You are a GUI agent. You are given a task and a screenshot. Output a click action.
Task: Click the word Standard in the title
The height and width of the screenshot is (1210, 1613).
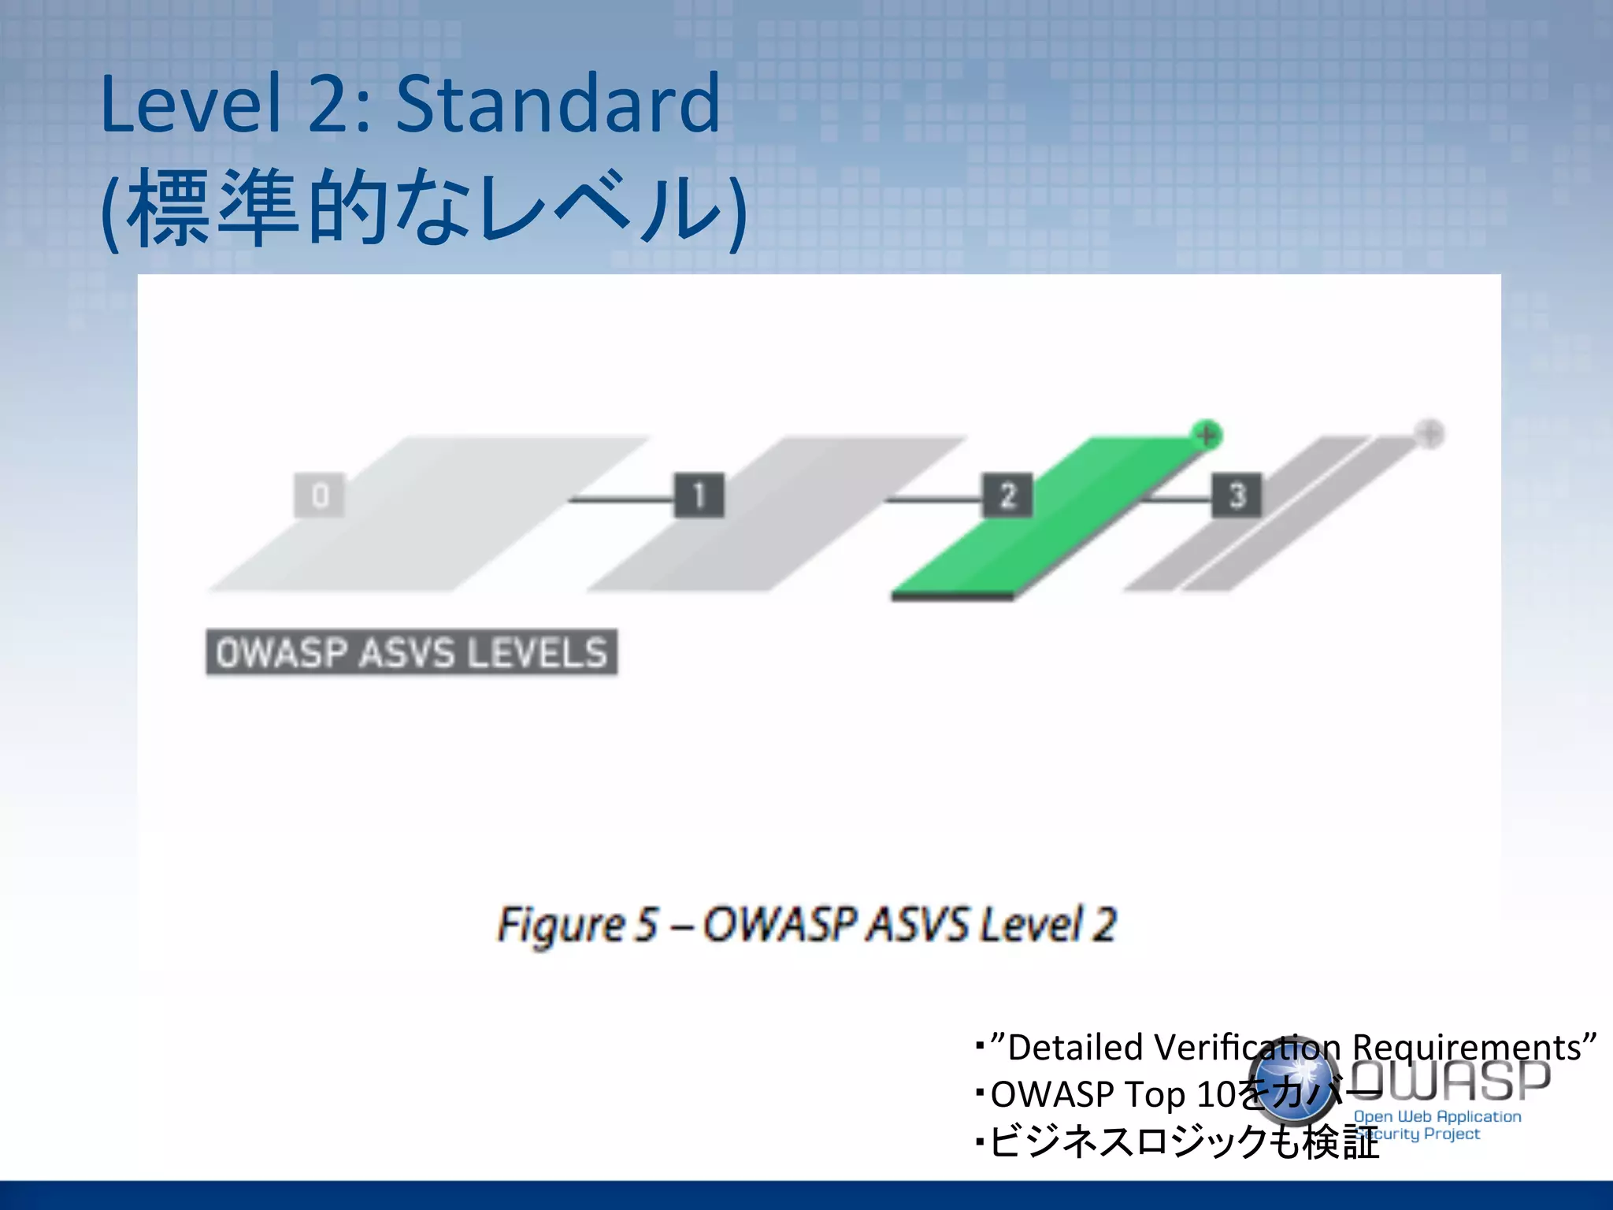(x=558, y=104)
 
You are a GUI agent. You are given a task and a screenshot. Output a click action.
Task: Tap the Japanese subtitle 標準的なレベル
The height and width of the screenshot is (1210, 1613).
(x=425, y=208)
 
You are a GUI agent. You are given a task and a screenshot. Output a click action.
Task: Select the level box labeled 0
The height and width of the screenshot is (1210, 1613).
(x=319, y=496)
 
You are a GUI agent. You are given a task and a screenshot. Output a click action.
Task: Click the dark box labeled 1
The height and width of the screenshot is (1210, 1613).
(x=699, y=496)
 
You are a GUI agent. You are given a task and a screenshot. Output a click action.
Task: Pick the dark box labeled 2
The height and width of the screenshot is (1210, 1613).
(x=1007, y=496)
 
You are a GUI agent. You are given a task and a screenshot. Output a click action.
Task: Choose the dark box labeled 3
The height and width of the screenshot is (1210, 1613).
(x=1236, y=496)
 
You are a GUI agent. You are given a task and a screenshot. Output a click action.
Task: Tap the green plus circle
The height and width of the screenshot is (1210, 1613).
(x=1206, y=434)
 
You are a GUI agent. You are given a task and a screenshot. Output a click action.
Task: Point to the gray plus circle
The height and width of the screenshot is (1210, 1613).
(x=1429, y=433)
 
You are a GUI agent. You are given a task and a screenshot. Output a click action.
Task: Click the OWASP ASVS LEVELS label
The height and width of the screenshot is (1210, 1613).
(x=411, y=652)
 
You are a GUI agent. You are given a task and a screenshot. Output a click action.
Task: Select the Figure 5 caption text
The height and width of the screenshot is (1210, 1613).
(x=806, y=924)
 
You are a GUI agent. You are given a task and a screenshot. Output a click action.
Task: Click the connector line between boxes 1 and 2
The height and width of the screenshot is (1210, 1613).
(x=933, y=499)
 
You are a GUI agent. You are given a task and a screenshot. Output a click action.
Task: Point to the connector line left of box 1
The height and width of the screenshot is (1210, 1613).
(x=622, y=499)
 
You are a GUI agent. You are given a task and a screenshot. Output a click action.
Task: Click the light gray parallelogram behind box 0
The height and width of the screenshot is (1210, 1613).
(x=425, y=520)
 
